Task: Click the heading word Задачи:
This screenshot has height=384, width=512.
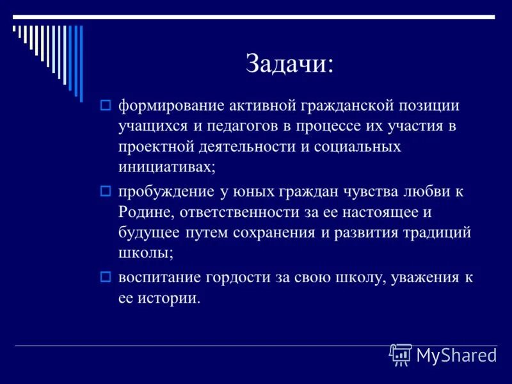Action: click(289, 64)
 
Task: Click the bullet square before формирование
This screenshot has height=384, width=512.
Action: click(106, 104)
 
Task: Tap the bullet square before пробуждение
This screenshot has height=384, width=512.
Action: click(106, 191)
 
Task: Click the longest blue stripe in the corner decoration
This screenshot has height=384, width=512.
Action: click(81, 63)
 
